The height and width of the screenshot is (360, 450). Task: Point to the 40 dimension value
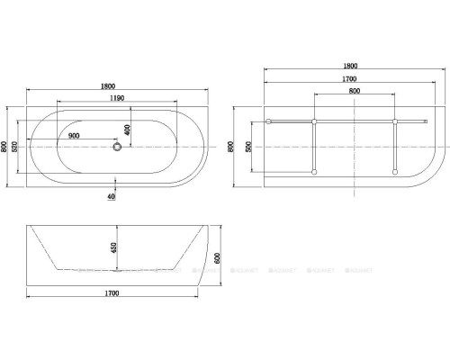[111, 195]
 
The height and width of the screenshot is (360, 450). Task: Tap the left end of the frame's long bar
[270, 121]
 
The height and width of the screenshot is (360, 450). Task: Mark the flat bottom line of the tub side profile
[112, 269]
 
